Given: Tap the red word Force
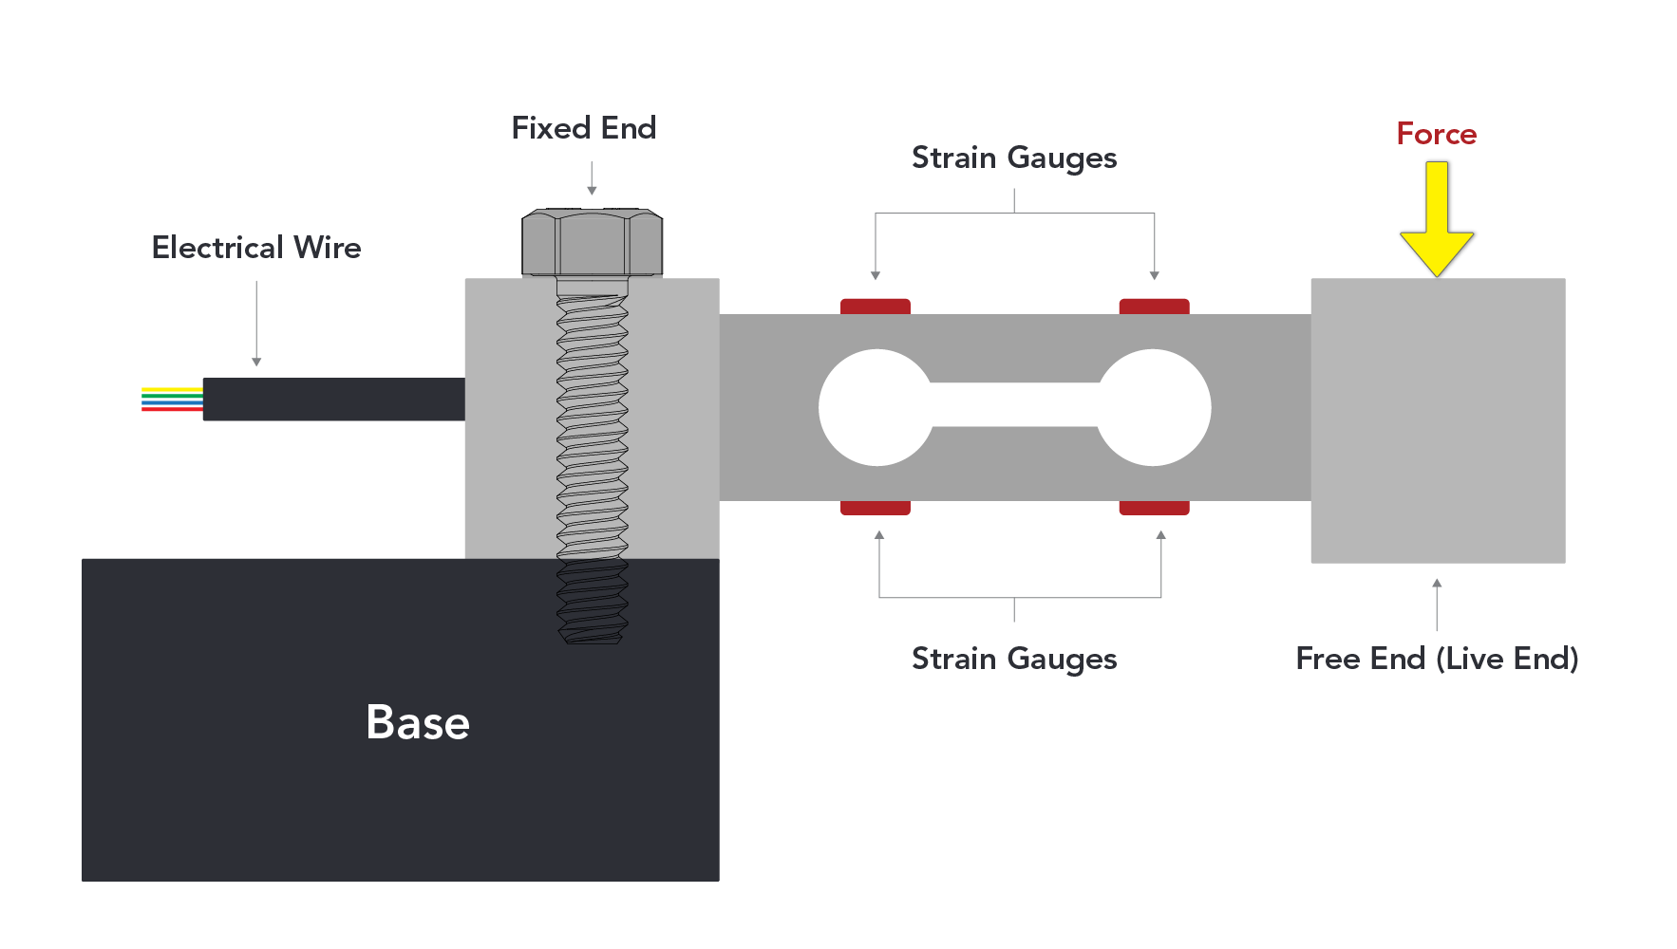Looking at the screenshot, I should [x=1436, y=134].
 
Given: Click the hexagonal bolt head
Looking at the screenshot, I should [x=592, y=242].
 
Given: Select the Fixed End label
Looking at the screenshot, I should [x=583, y=128].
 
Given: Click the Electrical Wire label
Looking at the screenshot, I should [x=256, y=248].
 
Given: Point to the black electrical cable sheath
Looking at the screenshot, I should [x=333, y=399].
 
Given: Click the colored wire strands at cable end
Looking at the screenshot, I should [x=172, y=399].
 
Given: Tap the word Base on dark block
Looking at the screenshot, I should [x=418, y=722].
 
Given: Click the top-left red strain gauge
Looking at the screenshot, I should [x=875, y=307].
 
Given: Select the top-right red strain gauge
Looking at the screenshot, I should [x=1154, y=307].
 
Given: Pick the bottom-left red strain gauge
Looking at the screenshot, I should [x=875, y=508].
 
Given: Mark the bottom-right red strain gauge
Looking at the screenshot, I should [x=1154, y=508].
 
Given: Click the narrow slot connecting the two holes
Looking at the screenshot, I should [x=1014, y=405].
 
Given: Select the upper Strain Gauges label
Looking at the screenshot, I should [x=1013, y=158].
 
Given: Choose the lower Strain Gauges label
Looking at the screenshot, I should [x=1013, y=659].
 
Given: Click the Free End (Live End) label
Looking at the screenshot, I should [x=1436, y=659].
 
